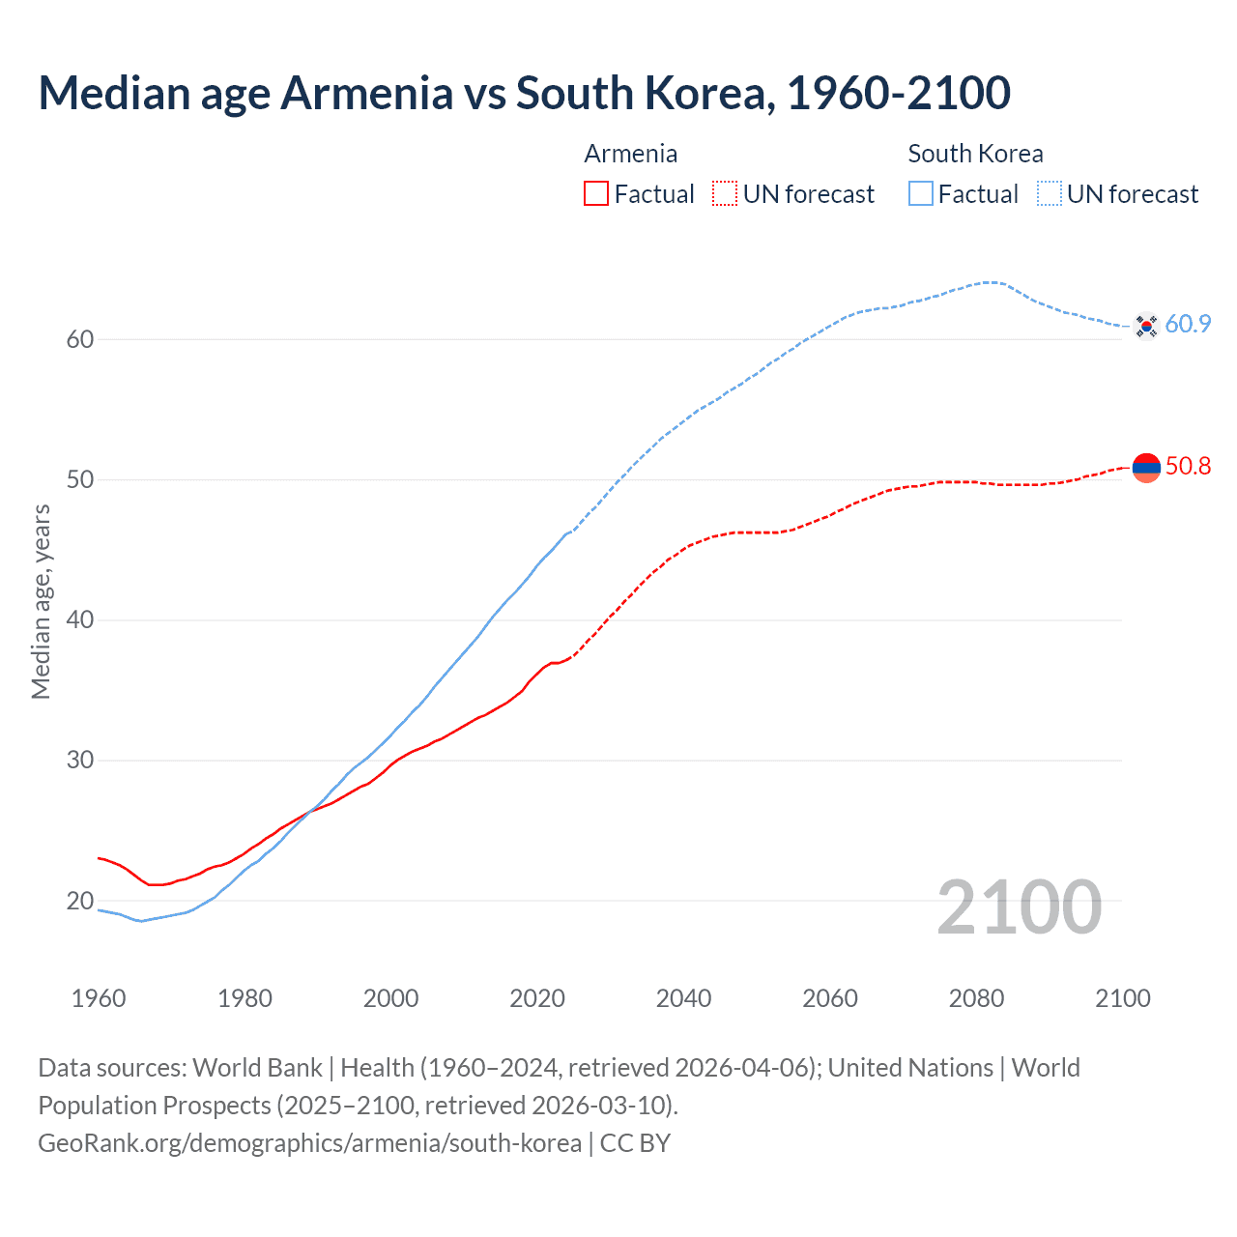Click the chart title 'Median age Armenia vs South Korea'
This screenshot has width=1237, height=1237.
pyautogui.click(x=524, y=93)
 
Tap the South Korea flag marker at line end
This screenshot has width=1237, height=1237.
pyautogui.click(x=1146, y=326)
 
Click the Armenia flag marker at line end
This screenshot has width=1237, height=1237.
pyautogui.click(x=1146, y=467)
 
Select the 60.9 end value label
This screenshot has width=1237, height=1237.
pyautogui.click(x=1188, y=325)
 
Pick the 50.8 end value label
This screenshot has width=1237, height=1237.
pyautogui.click(x=1188, y=467)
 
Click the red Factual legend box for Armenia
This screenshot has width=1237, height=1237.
pyautogui.click(x=596, y=194)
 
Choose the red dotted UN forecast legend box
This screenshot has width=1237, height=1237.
pyautogui.click(x=725, y=194)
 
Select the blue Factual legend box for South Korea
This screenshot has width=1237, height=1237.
pyautogui.click(x=921, y=194)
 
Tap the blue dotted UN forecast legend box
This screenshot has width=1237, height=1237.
pyautogui.click(x=1050, y=194)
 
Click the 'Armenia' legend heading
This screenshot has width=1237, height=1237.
pyautogui.click(x=630, y=154)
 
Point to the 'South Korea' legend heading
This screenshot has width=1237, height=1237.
pyautogui.click(x=975, y=154)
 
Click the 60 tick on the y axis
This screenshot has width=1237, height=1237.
pyautogui.click(x=80, y=339)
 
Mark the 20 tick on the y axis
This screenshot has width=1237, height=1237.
pyautogui.click(x=80, y=901)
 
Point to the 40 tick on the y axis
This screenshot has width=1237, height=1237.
pyautogui.click(x=80, y=619)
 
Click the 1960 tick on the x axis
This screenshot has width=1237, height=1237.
pyautogui.click(x=99, y=998)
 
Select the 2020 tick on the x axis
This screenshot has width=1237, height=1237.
pyautogui.click(x=537, y=998)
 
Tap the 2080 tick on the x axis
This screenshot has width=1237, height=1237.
pyautogui.click(x=976, y=998)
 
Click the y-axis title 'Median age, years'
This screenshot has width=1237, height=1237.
pyautogui.click(x=41, y=601)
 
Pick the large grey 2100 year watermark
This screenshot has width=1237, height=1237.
pyautogui.click(x=1019, y=906)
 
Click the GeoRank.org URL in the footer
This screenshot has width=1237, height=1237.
pyautogui.click(x=309, y=1143)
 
